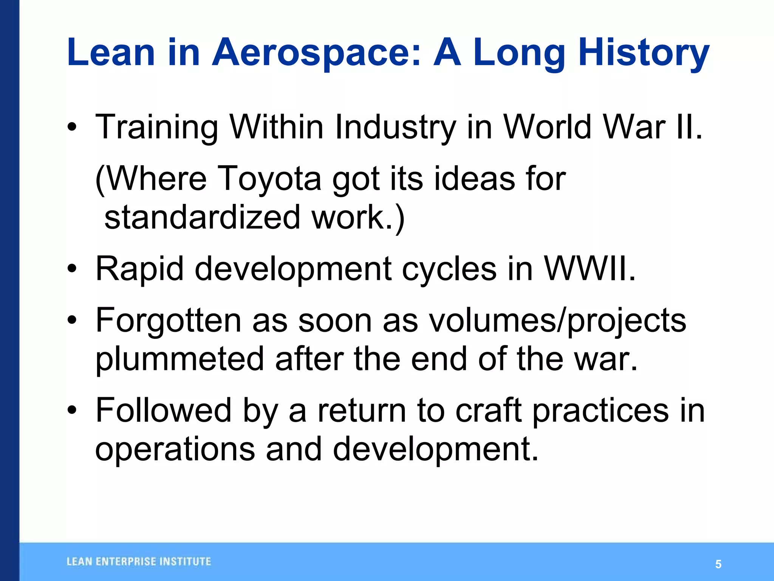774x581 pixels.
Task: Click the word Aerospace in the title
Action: tap(316, 53)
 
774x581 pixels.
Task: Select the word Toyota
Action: tap(269, 179)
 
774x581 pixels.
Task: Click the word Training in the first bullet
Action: tap(157, 127)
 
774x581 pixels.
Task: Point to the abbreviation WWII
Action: tap(590, 269)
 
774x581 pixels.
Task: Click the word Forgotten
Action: tap(168, 320)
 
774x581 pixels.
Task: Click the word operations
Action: tap(175, 449)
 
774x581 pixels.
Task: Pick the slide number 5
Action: tap(718, 564)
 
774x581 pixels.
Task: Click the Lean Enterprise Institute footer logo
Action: tap(139, 562)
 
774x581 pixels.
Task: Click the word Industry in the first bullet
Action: tap(395, 127)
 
